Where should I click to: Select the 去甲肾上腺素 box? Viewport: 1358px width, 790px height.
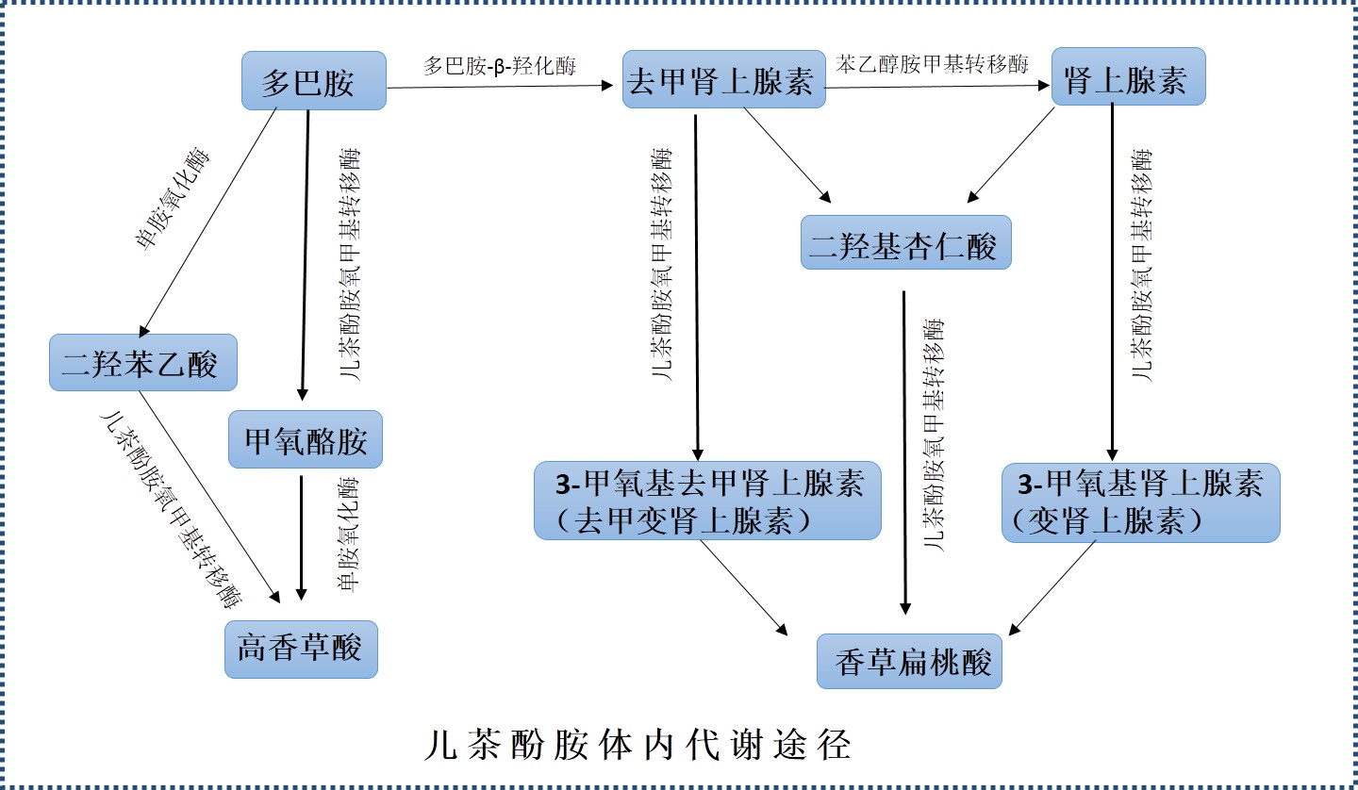pyautogui.click(x=723, y=82)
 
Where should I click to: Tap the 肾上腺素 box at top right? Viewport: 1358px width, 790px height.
pyautogui.click(x=1130, y=76)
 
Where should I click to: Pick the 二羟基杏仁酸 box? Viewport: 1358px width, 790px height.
pyautogui.click(x=905, y=242)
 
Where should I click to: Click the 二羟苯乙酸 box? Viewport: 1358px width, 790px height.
pyautogui.click(x=142, y=362)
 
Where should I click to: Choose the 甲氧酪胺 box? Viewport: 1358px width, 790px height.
pyautogui.click(x=306, y=439)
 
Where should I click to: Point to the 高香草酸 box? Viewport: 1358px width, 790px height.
pyautogui.click(x=301, y=649)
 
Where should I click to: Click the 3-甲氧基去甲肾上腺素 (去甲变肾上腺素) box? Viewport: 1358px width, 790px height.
pyautogui.click(x=707, y=501)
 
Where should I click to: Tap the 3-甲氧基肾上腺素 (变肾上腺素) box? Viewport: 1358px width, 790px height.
pyautogui.click(x=1140, y=502)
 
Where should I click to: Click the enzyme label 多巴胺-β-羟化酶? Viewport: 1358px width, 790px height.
pyautogui.click(x=500, y=66)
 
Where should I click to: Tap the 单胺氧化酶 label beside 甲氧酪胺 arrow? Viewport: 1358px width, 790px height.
pyautogui.click(x=349, y=535)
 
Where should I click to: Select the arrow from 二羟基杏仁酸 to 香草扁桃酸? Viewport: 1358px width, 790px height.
pyautogui.click(x=905, y=453)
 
